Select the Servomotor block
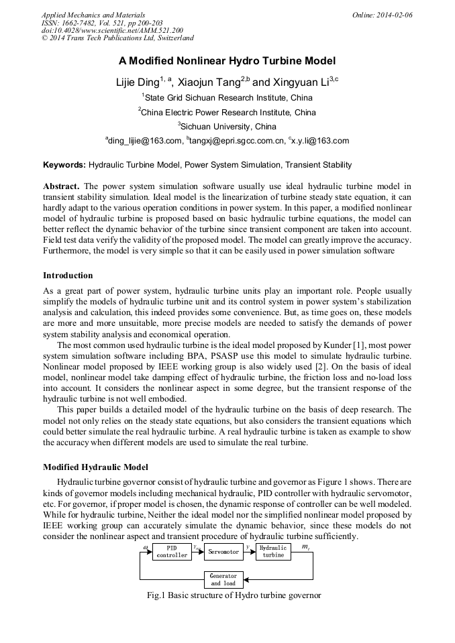pos(223,551)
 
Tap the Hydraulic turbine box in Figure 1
pos(273,551)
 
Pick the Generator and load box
pos(223,579)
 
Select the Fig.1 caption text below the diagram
pos(227,595)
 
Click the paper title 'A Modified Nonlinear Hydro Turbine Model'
pos(227,61)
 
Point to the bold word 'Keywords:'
pos(64,164)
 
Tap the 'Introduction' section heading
pos(68,275)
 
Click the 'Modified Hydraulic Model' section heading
pos(95,467)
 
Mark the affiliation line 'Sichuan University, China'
pos(227,126)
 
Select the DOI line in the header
pos(112,30)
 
